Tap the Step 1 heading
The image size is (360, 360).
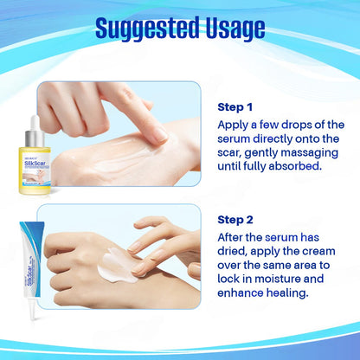tap(236, 106)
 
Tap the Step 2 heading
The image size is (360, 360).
tap(236, 219)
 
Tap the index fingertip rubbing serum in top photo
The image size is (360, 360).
tap(157, 134)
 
